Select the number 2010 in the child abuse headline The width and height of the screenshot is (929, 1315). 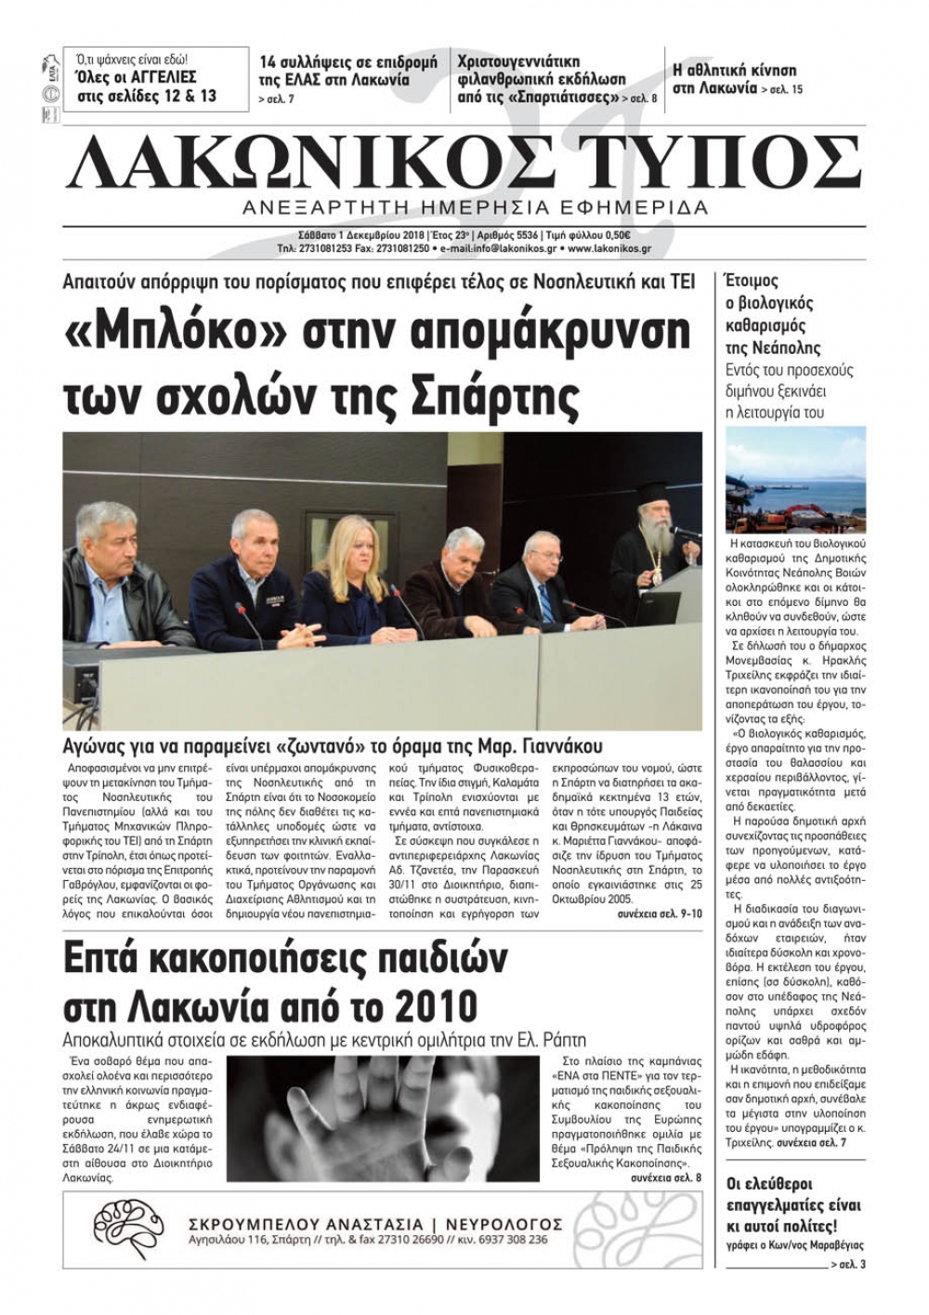coord(436,1007)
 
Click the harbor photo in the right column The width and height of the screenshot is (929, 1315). coord(795,479)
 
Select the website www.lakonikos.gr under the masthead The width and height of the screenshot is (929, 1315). coord(608,249)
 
